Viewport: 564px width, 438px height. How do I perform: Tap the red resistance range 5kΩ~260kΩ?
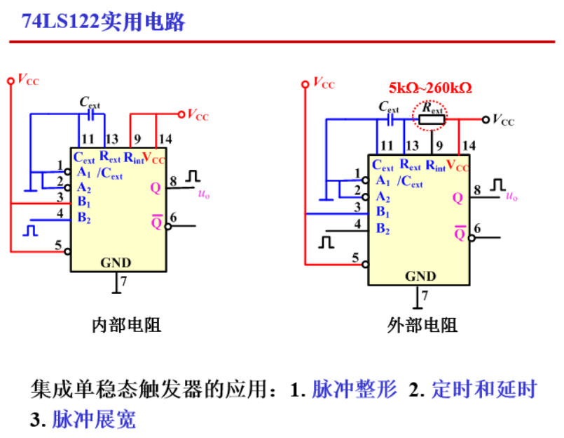click(430, 88)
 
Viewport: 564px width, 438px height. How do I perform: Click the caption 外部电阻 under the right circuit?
click(422, 325)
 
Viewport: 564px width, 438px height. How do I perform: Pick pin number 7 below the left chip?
click(123, 281)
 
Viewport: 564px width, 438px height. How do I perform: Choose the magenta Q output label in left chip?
click(156, 187)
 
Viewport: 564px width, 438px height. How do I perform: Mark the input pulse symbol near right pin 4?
click(326, 241)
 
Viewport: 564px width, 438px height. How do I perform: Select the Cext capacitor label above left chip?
click(90, 102)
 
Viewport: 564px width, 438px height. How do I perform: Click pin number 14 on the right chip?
click(469, 145)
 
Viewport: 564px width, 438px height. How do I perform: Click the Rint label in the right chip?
click(435, 166)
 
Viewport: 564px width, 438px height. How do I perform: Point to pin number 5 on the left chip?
click(60, 244)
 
